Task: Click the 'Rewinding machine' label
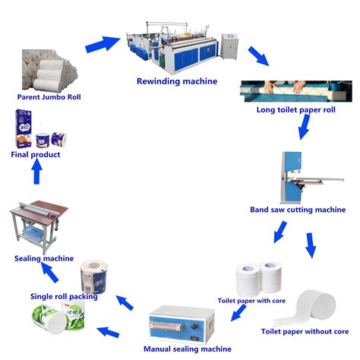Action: point(176,81)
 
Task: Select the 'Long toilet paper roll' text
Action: point(297,110)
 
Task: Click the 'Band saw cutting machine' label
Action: point(298,210)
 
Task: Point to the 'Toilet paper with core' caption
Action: point(252,300)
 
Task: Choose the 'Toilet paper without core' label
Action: point(305,332)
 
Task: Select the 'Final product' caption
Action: point(35,154)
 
